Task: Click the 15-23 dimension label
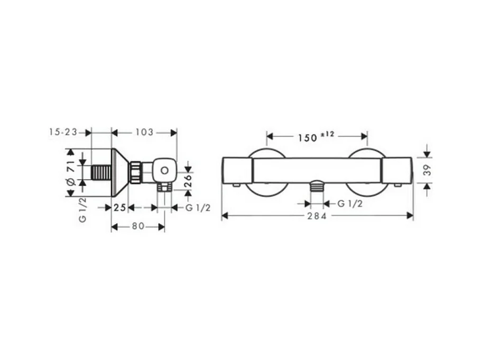click(63, 132)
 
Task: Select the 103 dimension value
click(144, 132)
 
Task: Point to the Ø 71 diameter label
click(71, 173)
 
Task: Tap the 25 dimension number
click(119, 208)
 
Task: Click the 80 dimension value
click(138, 226)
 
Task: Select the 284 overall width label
click(317, 216)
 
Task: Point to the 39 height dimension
click(428, 170)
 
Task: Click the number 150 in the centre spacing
click(308, 138)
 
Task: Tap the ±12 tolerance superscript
click(328, 134)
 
